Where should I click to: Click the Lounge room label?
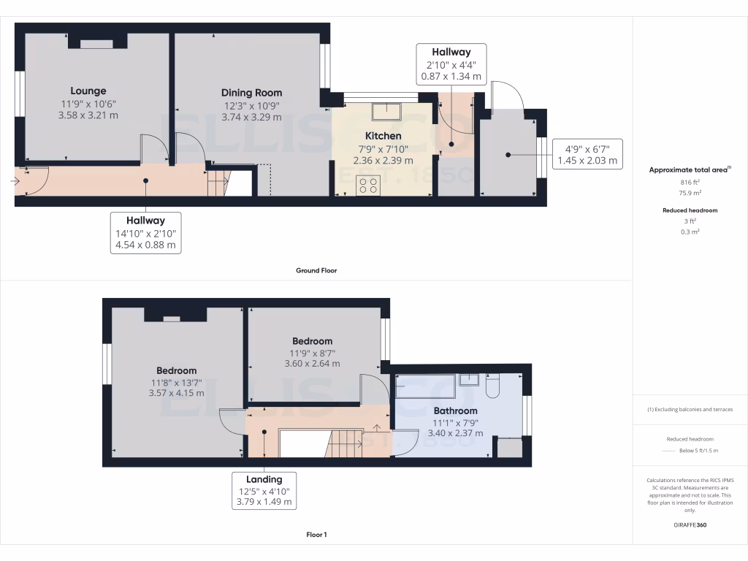pos(88,91)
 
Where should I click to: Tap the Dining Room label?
pos(251,93)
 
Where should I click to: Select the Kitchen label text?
pos(383,136)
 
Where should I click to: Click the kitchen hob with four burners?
pos(367,186)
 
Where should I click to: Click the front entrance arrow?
pos(17,180)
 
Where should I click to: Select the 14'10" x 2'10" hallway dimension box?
pos(145,233)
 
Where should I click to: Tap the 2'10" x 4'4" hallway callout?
pos(451,64)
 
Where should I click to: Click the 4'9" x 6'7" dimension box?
pos(587,154)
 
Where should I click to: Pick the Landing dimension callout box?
pos(264,489)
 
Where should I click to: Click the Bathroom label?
pos(455,411)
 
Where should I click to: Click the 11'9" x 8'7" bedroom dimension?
pos(312,353)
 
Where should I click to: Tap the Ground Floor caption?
pos(316,270)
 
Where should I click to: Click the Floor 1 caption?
pos(316,535)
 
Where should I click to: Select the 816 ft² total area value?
pos(690,182)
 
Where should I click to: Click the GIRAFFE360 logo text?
pos(690,525)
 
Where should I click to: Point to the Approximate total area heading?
pos(690,169)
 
